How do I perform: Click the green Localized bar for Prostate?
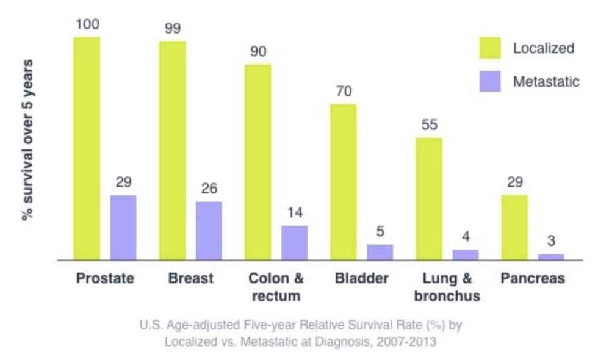[87, 148]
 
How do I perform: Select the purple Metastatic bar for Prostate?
[123, 228]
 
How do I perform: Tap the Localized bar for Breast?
[172, 151]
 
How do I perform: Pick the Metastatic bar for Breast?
[209, 231]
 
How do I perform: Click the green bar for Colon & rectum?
[258, 162]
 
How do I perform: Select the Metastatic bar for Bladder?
[380, 252]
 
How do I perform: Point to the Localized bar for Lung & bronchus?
[429, 199]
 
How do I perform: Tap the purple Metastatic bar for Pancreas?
[551, 256]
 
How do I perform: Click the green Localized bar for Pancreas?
[514, 228]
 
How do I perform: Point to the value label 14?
[294, 214]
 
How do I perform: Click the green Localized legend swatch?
[489, 48]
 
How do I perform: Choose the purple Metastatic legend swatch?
[489, 81]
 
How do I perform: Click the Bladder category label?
[361, 279]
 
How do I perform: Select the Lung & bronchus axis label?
[447, 287]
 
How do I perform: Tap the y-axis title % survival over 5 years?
[28, 140]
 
